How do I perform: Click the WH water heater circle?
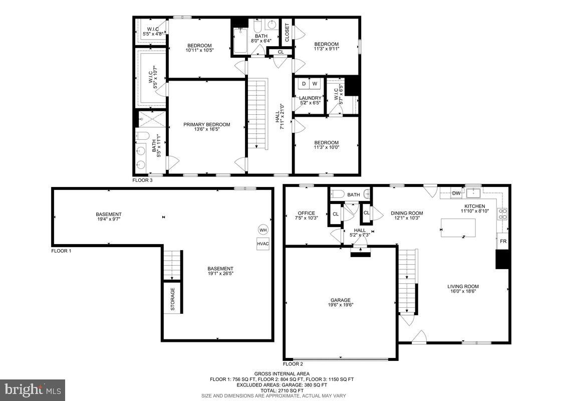263,230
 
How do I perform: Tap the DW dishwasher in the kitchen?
456,193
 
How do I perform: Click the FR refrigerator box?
503,241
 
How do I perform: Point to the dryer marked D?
304,84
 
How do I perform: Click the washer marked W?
316,84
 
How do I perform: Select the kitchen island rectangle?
458,228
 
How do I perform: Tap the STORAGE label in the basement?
172,299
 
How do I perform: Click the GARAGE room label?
340,300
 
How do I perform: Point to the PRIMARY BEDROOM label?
206,124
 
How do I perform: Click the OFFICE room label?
306,213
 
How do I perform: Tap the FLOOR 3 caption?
142,179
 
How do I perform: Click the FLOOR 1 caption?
61,251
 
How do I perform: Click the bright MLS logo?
33,389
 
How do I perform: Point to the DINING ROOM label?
407,213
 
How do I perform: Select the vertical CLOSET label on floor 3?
287,33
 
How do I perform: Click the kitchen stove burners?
503,214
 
